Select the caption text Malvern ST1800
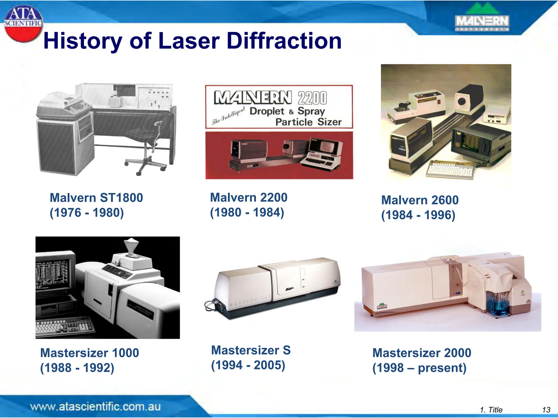click(x=96, y=198)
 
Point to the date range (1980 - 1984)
click(x=247, y=212)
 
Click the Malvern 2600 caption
click(x=420, y=200)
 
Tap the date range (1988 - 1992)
click(x=77, y=368)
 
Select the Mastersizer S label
click(x=251, y=350)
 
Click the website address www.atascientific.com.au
click(x=95, y=407)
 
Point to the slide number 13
click(x=546, y=410)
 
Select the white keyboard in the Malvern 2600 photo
click(x=450, y=170)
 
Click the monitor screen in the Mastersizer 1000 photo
click(x=52, y=275)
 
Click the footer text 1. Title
click(x=491, y=410)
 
